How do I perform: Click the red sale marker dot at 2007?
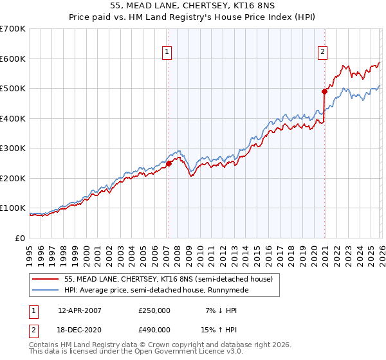pos(169,163)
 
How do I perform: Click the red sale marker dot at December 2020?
pos(324,91)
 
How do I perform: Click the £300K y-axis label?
pos(13,148)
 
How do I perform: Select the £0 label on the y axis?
pos(19,239)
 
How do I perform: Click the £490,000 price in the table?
pos(154,329)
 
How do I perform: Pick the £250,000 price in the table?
pos(154,310)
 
